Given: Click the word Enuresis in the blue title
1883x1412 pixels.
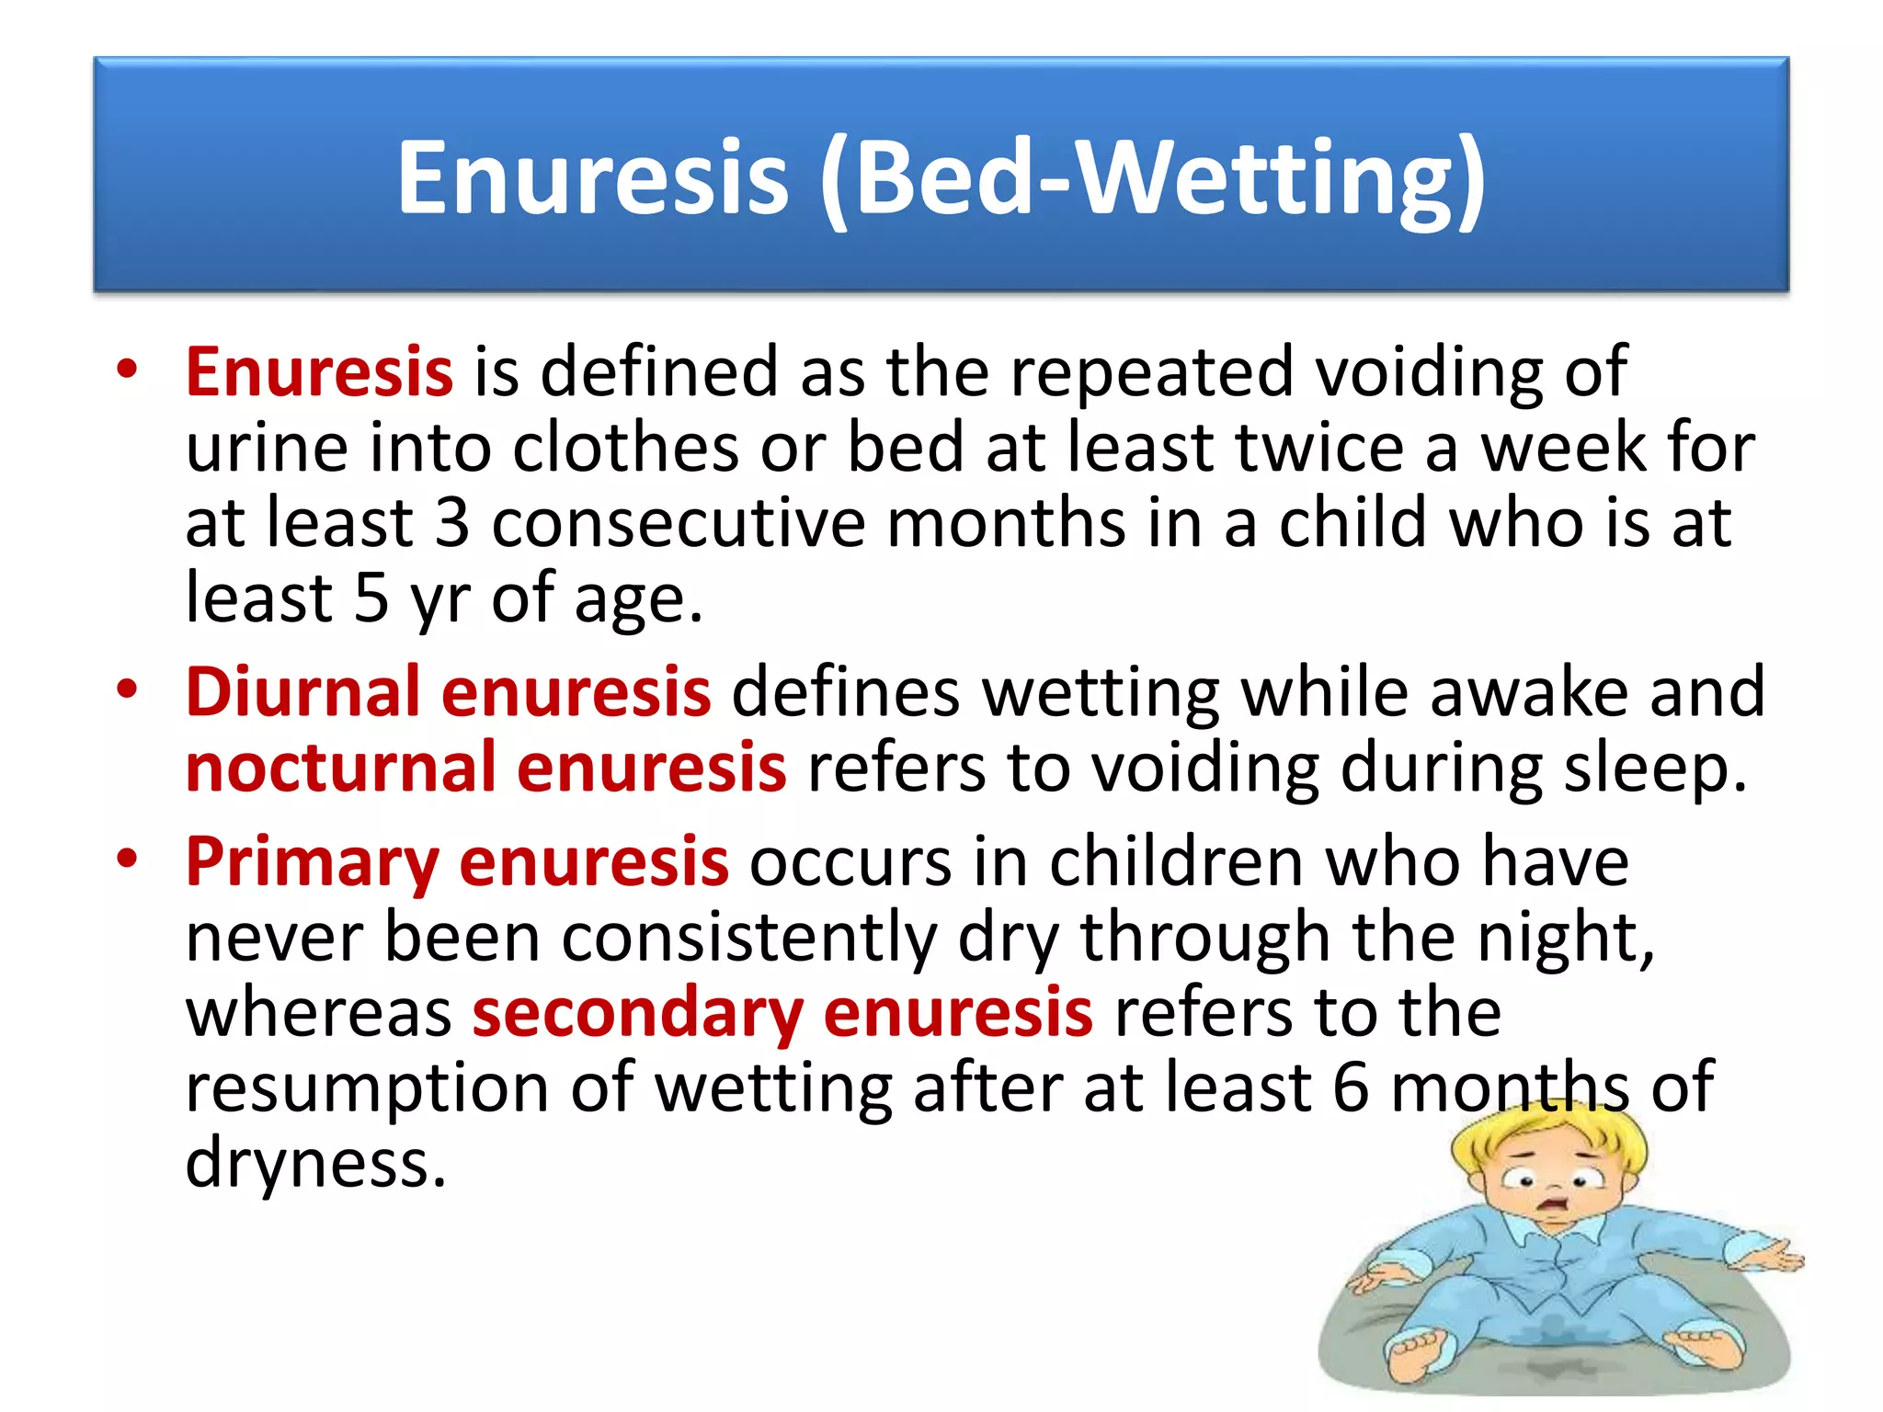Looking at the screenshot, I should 592,176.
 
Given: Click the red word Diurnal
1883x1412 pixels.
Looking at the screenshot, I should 302,691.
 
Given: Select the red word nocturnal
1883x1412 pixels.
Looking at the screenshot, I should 340,768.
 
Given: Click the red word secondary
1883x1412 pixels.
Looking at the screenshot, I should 637,1012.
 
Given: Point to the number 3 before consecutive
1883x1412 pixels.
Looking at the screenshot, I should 452,523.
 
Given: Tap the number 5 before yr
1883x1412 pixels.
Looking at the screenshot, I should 371,598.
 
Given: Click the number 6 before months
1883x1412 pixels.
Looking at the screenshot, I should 1351,1087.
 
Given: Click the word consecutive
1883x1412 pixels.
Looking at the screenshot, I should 679,523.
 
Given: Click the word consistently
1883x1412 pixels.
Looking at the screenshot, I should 749,939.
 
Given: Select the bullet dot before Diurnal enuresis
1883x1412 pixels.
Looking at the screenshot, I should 127,689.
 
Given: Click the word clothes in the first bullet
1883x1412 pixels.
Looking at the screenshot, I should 625,448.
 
